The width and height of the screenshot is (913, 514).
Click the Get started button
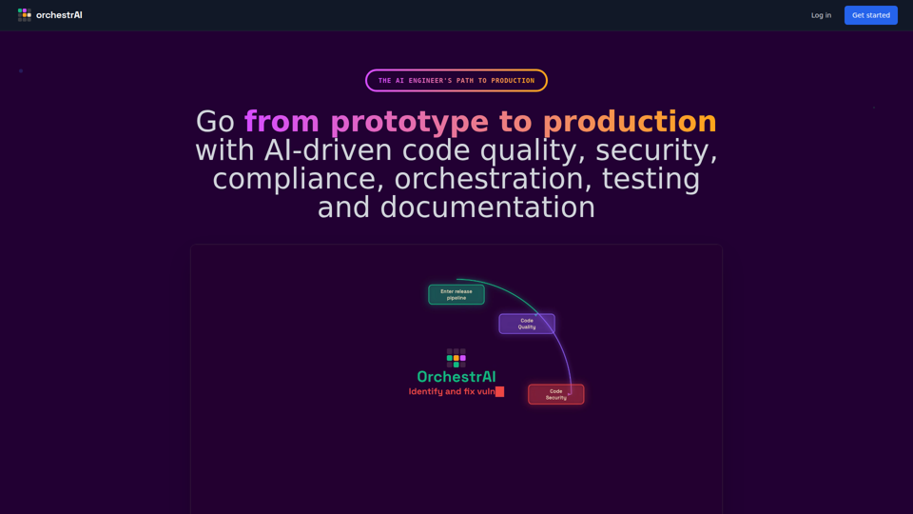tap(870, 15)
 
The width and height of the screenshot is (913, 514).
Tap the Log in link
tap(821, 15)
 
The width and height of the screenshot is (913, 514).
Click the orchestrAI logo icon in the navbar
tap(25, 14)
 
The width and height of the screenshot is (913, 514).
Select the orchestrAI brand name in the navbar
tap(59, 15)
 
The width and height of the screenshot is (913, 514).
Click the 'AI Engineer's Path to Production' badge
tap(456, 80)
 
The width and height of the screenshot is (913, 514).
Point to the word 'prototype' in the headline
tap(409, 122)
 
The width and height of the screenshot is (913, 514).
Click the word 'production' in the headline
tap(630, 122)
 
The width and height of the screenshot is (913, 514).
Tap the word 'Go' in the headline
tap(215, 122)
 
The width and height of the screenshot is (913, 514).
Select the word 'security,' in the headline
tap(656, 150)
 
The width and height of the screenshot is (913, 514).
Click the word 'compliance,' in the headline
tap(298, 178)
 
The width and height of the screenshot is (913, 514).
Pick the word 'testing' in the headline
tap(651, 178)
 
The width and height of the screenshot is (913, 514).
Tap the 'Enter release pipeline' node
tap(456, 295)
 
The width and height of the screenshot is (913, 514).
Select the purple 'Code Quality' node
tap(527, 324)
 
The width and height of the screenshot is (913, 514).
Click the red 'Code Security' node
tap(556, 394)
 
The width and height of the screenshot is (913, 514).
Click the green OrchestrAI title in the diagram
tap(456, 377)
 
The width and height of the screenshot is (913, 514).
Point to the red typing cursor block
tap(499, 391)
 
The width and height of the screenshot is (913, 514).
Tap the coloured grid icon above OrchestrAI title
tap(456, 358)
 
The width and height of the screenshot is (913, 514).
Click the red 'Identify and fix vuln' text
tap(452, 391)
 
